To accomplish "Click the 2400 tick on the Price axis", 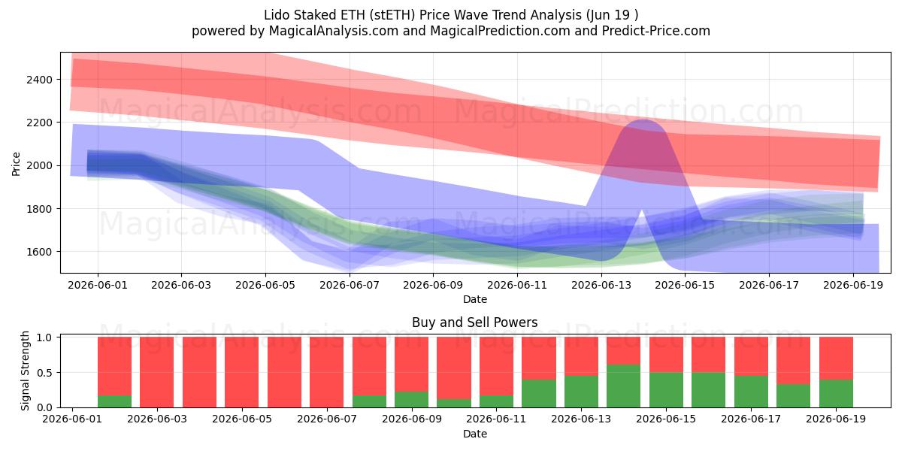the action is [x=39, y=80].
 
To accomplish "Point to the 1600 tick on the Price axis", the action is [x=39, y=252].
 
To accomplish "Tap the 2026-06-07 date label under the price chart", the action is [x=349, y=285].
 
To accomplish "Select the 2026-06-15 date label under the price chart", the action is [x=685, y=285].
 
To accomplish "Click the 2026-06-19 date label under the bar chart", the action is [x=836, y=419].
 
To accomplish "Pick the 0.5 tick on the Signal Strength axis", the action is [x=44, y=373].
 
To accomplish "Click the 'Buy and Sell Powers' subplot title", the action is [x=475, y=322].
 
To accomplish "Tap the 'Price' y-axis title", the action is [x=16, y=164].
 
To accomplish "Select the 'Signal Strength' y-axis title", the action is [x=25, y=371].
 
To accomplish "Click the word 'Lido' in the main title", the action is [x=277, y=15].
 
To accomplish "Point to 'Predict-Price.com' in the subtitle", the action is [x=656, y=31].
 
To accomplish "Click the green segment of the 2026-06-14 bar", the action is [x=623, y=386].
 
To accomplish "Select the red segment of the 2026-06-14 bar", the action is [x=623, y=351].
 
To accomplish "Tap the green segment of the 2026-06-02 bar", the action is [x=114, y=401].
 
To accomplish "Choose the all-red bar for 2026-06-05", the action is [x=241, y=372].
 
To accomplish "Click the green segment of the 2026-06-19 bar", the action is [x=836, y=393].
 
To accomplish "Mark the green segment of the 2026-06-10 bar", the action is [x=454, y=403].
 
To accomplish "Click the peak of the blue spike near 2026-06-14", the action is [x=643, y=120].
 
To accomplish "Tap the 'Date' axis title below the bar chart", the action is [x=475, y=434].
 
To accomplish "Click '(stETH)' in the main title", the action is [x=392, y=15].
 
